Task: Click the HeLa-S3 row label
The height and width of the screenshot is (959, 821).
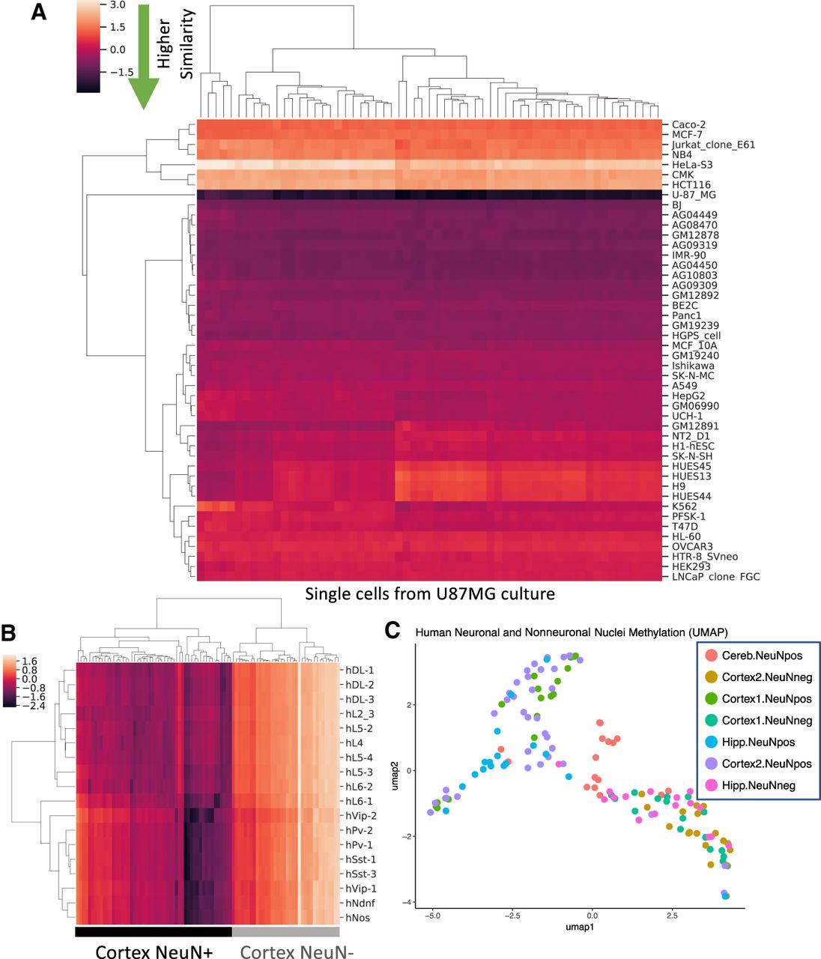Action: tap(692, 165)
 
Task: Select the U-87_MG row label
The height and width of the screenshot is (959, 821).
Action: tap(694, 195)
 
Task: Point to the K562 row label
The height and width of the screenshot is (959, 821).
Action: tap(684, 506)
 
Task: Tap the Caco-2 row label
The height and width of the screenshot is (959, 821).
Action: tap(689, 124)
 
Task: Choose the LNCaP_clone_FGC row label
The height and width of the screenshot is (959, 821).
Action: tap(715, 577)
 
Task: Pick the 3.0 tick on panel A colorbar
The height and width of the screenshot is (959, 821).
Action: tap(118, 5)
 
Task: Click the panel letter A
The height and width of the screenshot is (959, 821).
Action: tap(39, 13)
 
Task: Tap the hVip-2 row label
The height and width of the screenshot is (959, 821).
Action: tap(361, 816)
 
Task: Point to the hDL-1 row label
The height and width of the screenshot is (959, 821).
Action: tap(360, 670)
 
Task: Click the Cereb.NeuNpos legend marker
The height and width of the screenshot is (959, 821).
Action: tap(711, 655)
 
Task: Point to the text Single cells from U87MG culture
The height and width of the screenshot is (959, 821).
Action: tap(430, 594)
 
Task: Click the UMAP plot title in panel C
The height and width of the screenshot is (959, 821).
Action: tap(572, 632)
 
